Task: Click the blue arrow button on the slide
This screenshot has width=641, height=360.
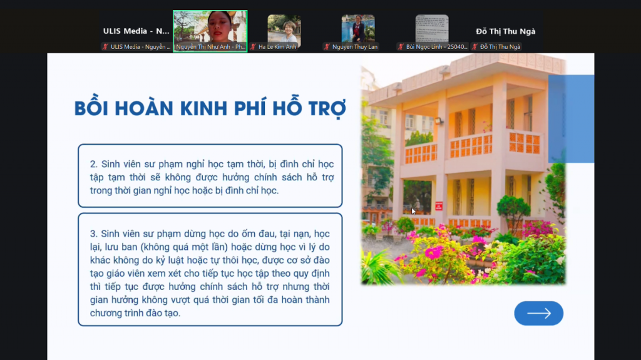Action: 538,314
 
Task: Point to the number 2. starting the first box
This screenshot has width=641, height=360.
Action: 94,164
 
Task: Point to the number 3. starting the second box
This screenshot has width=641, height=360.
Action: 94,234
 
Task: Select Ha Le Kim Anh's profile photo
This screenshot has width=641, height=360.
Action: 284,29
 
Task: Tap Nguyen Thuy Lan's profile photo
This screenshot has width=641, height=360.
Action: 357,29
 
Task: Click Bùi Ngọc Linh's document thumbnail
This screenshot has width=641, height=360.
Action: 432,29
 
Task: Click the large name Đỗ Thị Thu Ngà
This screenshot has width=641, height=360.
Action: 505,31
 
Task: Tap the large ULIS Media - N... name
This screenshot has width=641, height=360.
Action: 136,31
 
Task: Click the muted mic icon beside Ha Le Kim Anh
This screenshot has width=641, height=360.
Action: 253,46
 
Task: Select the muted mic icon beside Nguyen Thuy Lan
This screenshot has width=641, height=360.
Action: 327,46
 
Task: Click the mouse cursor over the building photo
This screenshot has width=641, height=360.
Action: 413,211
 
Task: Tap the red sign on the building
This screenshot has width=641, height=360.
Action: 439,206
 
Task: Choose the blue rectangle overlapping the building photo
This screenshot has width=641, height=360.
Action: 571,118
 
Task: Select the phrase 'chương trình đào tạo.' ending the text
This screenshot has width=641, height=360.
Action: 135,313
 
